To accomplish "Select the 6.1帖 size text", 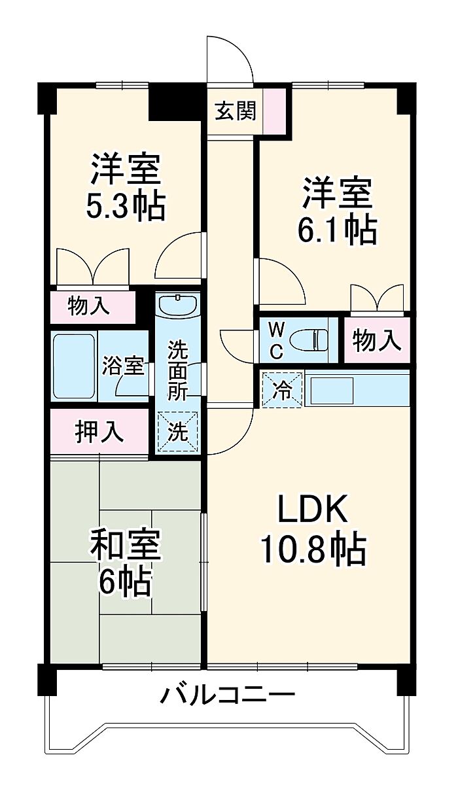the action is (337, 230).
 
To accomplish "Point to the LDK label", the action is (313, 508).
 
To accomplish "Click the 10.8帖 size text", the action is (313, 549).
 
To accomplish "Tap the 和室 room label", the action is (125, 544).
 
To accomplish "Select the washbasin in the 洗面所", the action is (178, 304).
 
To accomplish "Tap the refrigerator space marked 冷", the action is (282, 390).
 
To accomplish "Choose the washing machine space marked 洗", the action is (178, 431).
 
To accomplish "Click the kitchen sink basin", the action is (332, 390).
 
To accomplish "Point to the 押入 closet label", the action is (99, 432).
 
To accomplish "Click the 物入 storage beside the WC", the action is (377, 340).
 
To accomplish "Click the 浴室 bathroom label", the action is (123, 366).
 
